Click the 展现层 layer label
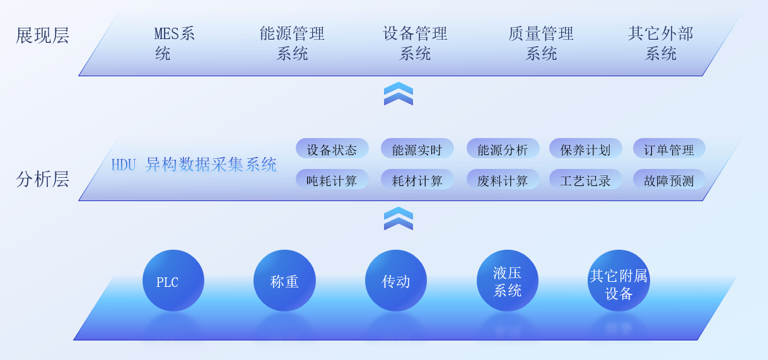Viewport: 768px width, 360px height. click(x=42, y=35)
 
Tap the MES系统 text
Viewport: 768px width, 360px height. click(x=175, y=43)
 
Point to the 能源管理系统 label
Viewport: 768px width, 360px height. click(x=292, y=43)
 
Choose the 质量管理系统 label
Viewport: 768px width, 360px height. click(x=541, y=43)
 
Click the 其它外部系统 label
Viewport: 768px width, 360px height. click(x=660, y=43)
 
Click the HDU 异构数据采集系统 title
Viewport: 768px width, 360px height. click(x=194, y=165)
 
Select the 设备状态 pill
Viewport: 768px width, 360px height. click(x=332, y=149)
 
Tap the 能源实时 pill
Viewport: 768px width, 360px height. click(x=417, y=149)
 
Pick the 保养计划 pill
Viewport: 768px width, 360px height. click(x=585, y=149)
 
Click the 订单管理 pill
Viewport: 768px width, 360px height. click(x=668, y=149)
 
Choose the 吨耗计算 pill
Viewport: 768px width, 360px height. click(x=332, y=180)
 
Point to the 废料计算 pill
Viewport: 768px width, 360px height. click(x=503, y=180)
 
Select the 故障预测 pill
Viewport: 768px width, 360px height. click(x=668, y=180)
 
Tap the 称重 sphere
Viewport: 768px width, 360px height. click(x=284, y=281)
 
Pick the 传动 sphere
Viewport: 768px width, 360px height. click(x=396, y=281)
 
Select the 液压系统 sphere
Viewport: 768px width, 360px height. click(x=508, y=281)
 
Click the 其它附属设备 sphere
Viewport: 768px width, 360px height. click(x=619, y=281)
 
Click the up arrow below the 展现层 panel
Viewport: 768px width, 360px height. click(x=399, y=93)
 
